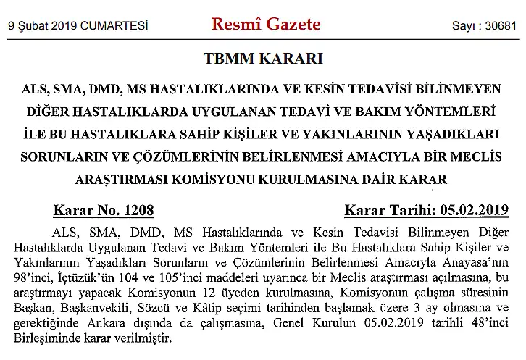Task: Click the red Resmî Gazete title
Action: click(x=266, y=25)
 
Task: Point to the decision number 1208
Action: click(x=137, y=211)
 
